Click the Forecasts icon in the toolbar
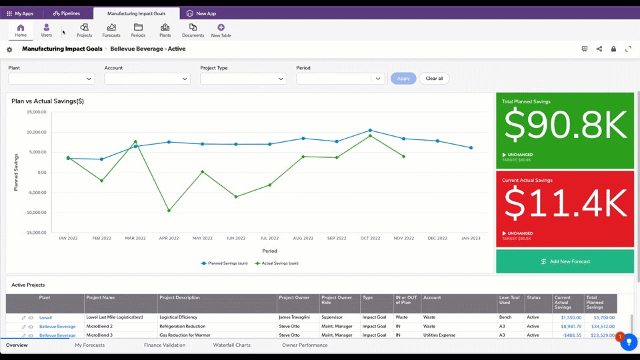click(111, 30)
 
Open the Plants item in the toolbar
click(165, 30)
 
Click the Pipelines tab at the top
click(67, 13)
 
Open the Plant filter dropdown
click(51, 79)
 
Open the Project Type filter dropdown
click(243, 79)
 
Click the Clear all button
click(434, 79)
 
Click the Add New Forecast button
click(565, 261)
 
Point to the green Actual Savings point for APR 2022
click(169, 211)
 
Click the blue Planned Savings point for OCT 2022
click(370, 131)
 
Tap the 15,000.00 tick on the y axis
click(36, 112)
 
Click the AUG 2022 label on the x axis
click(303, 238)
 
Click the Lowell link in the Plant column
click(45, 318)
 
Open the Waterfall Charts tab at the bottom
click(231, 345)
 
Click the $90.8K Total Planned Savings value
click(565, 125)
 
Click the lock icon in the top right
click(613, 49)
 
